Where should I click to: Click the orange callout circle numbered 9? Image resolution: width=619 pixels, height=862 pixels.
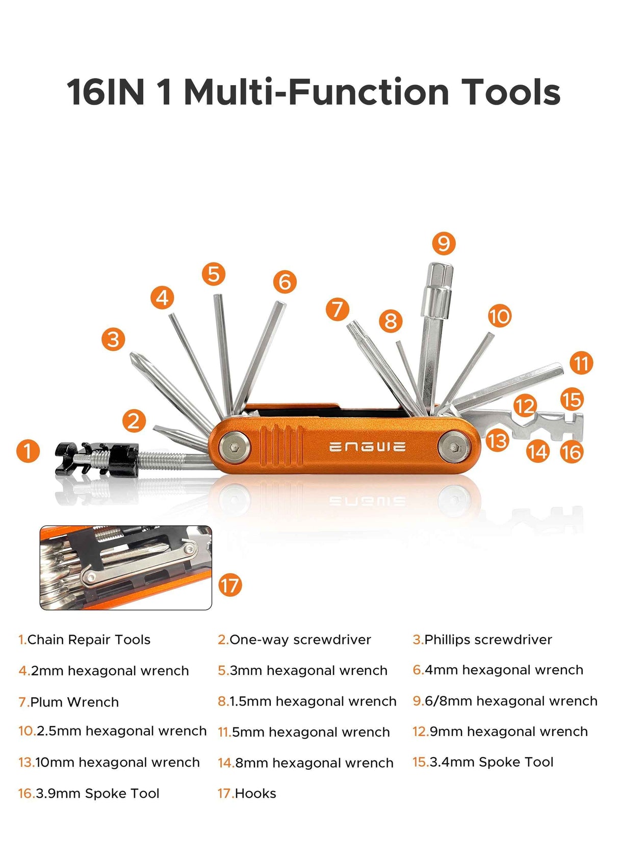[443, 244]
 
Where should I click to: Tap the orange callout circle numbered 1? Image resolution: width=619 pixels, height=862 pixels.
[28, 451]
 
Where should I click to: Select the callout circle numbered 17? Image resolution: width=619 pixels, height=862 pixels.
[229, 585]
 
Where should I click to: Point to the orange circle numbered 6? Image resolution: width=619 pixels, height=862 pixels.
[285, 282]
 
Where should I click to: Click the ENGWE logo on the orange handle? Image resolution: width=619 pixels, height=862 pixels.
[367, 447]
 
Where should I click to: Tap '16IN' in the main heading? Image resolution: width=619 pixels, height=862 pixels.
[106, 92]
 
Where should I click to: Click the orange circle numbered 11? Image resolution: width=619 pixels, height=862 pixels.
[581, 363]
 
